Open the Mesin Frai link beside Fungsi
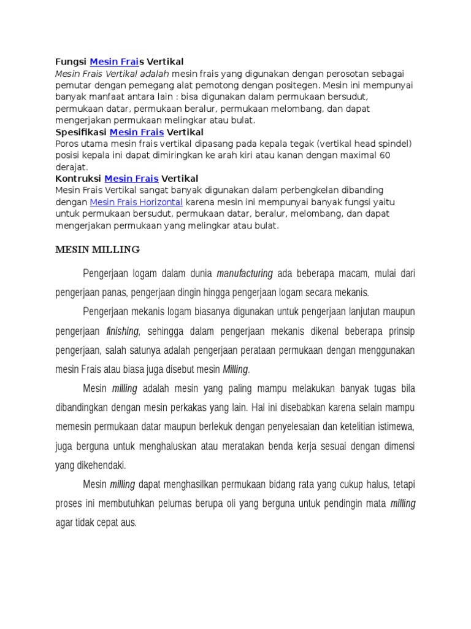tap(114, 62)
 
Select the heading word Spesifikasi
tap(81, 132)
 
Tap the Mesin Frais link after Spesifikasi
tap(137, 132)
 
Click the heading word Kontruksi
tap(78, 179)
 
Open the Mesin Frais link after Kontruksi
tap(131, 179)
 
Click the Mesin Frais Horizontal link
tap(136, 202)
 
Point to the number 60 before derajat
tap(385, 155)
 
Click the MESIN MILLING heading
tap(98, 249)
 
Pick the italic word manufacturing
tap(245, 273)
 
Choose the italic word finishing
tap(123, 332)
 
